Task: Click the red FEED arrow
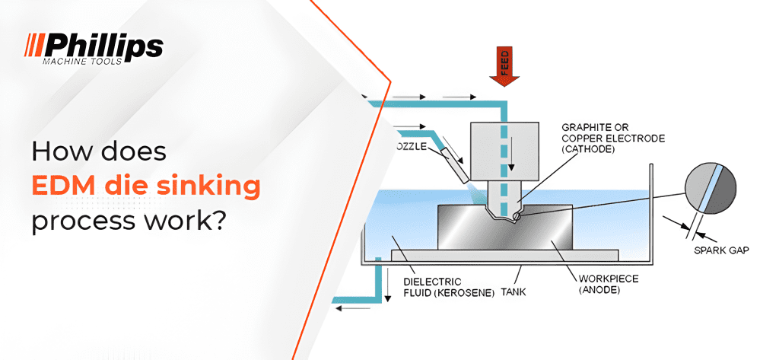504,66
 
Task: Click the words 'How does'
98,151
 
